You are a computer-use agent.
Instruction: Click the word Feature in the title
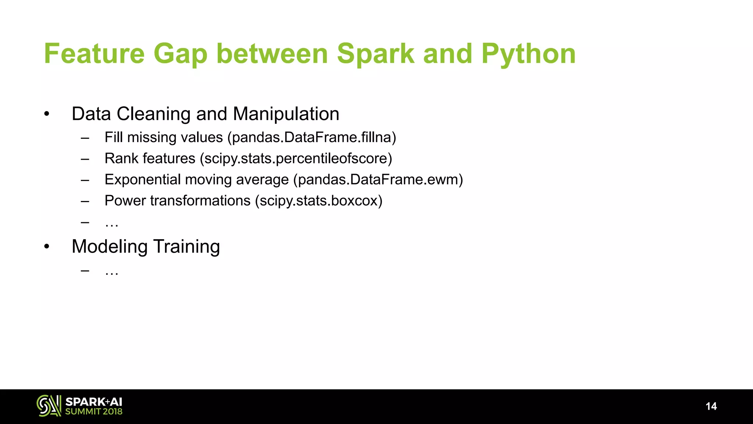(x=94, y=54)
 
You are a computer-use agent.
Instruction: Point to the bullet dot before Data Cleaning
(x=46, y=114)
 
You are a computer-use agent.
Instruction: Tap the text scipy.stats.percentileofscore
(x=296, y=159)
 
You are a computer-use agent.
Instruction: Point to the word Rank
(x=121, y=159)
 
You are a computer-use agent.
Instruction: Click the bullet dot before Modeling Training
(x=46, y=247)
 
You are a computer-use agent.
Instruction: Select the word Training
(x=186, y=247)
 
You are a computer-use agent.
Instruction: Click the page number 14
(x=711, y=406)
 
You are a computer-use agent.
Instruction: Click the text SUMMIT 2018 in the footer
(x=94, y=412)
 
